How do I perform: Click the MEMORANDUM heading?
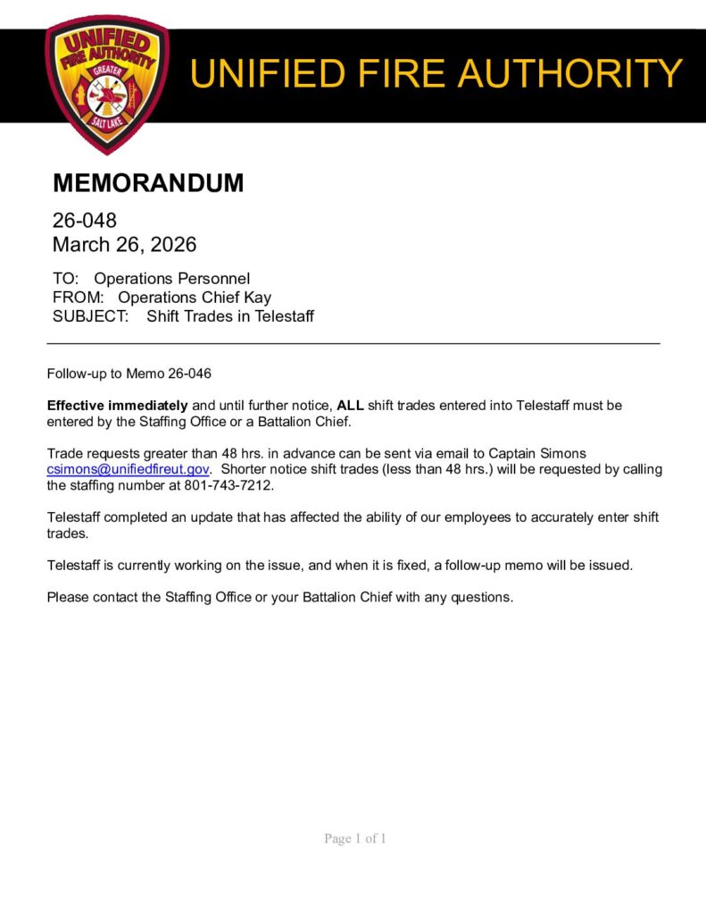pyautogui.click(x=148, y=183)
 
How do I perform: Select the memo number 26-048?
pyautogui.click(x=85, y=220)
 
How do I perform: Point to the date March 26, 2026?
pyautogui.click(x=124, y=244)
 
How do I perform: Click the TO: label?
pyautogui.click(x=66, y=279)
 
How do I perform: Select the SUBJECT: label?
pyautogui.click(x=91, y=316)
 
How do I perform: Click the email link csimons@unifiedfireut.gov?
pyautogui.click(x=128, y=470)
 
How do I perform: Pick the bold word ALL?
pyautogui.click(x=350, y=406)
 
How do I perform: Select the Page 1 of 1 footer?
pyautogui.click(x=354, y=838)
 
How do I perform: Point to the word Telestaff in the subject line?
pyautogui.click(x=284, y=316)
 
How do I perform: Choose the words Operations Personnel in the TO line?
pyautogui.click(x=172, y=279)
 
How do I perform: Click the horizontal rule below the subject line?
pyautogui.click(x=353, y=343)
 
